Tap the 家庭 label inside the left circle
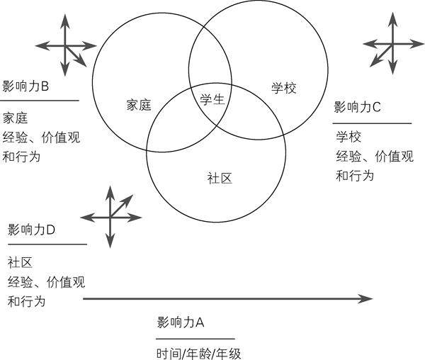tap(139, 105)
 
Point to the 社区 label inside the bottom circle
tap(220, 178)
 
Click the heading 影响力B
tap(25, 86)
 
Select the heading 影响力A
tap(181, 322)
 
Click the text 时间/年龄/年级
tap(199, 352)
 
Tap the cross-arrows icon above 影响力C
tap(392, 43)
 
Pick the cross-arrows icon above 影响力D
tap(110, 216)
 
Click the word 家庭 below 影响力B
tap(15, 118)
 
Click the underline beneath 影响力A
tap(195, 339)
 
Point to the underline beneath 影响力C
tap(372, 123)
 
